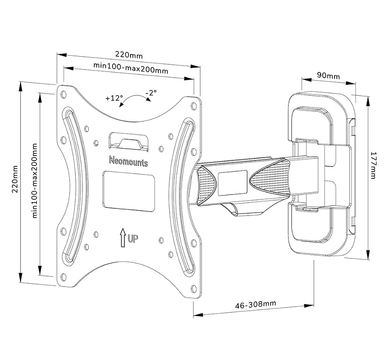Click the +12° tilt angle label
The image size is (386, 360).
coord(114,98)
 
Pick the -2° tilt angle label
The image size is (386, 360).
coord(151,93)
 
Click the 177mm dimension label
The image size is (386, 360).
coord(374,165)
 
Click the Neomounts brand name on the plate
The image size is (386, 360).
coord(128,162)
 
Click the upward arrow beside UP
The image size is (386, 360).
coord(122,237)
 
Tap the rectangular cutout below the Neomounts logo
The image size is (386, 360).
coord(129,191)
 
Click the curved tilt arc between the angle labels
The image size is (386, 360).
coord(134,99)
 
